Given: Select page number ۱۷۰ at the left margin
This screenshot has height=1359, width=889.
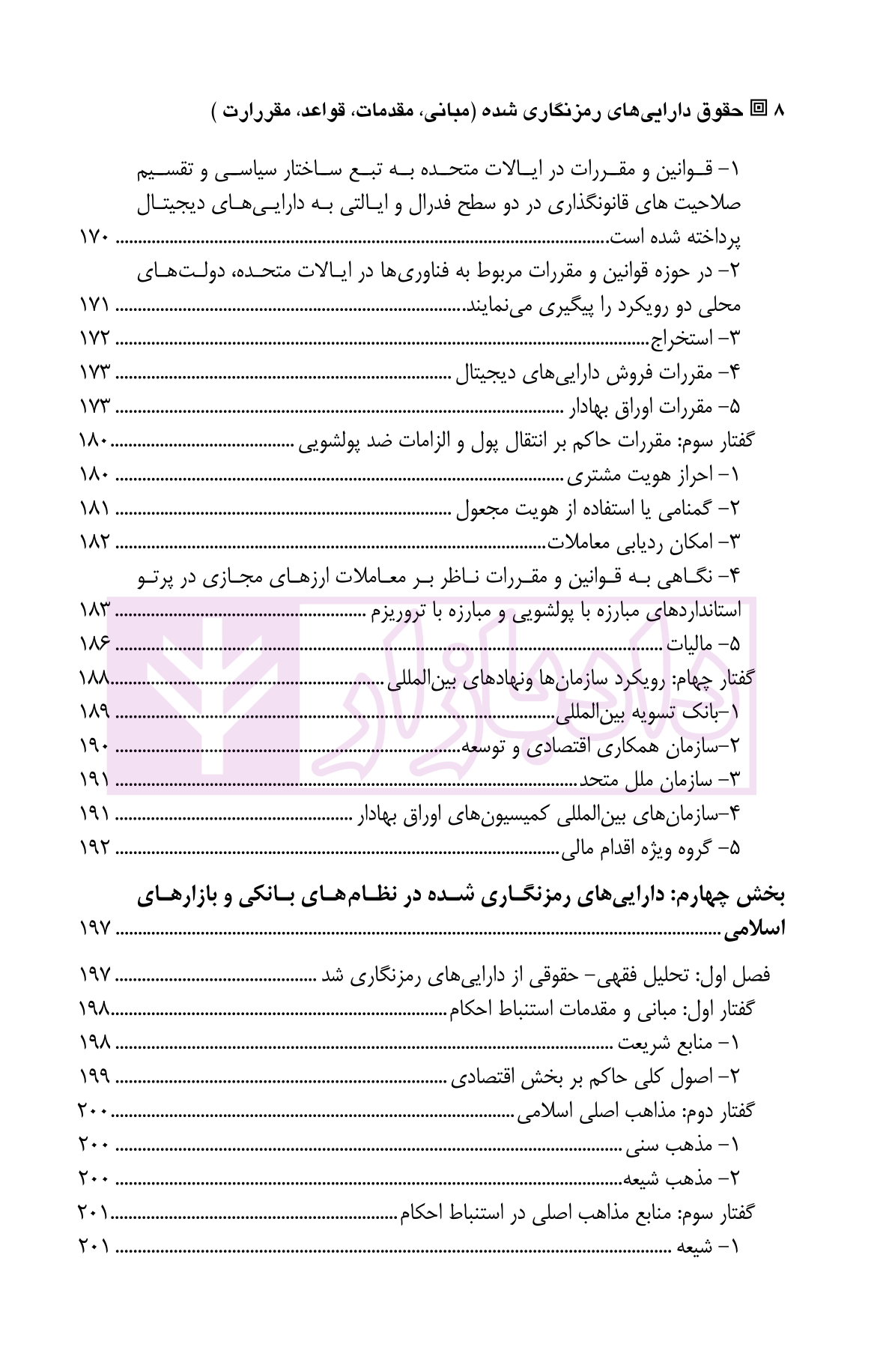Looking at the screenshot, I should tap(94, 239).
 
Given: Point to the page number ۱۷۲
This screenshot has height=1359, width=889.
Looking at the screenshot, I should tap(94, 339).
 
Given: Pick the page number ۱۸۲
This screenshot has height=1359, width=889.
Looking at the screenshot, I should tap(94, 542).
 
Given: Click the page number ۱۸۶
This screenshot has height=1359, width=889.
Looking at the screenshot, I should tap(94, 644).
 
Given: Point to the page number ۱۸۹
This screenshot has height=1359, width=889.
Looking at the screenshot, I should tap(94, 712).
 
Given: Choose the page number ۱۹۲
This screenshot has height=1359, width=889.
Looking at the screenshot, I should tap(94, 848).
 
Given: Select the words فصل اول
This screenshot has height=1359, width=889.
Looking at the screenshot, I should tap(744, 975).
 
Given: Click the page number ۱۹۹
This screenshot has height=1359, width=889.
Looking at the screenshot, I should tap(94, 1077).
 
